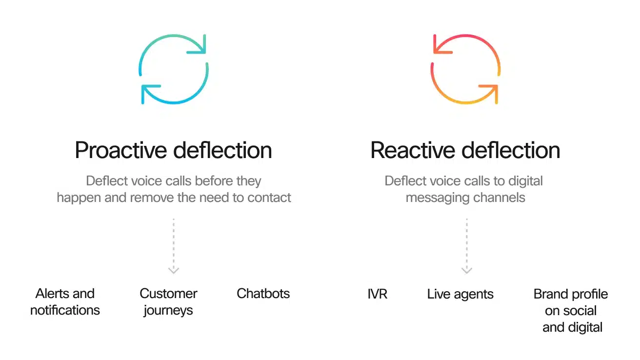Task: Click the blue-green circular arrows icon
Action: tap(174, 69)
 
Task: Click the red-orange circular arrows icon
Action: tap(465, 69)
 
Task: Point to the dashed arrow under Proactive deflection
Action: tap(174, 246)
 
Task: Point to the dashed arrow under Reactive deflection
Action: tap(467, 246)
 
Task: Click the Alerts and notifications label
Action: tap(65, 302)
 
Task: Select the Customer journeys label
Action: tap(168, 302)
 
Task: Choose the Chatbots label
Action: tap(263, 294)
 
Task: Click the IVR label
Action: tap(378, 294)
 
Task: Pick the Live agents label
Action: tap(460, 294)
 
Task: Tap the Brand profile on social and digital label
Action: tap(571, 311)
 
